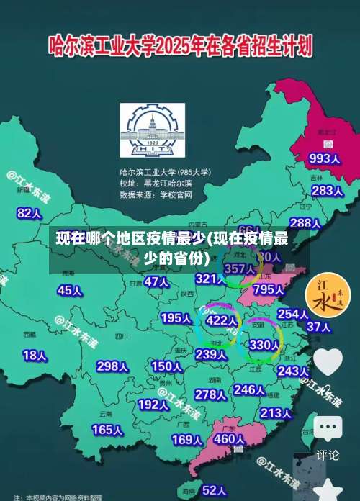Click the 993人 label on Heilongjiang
pyautogui.click(x=324, y=158)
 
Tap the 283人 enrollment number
pyautogui.click(x=327, y=191)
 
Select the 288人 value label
pyautogui.click(x=305, y=223)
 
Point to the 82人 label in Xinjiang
pyautogui.click(x=30, y=193)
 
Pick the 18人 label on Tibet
pyautogui.click(x=35, y=355)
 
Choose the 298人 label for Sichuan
pyautogui.click(x=112, y=366)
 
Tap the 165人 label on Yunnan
pyautogui.click(x=107, y=429)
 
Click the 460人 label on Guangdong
pyautogui.click(x=230, y=438)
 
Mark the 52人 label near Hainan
pyautogui.click(x=215, y=490)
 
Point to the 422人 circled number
pyautogui.click(x=222, y=320)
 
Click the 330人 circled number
pyautogui.click(x=264, y=345)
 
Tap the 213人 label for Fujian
pyautogui.click(x=275, y=412)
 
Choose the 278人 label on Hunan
pyautogui.click(x=210, y=394)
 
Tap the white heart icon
pyautogui.click(x=328, y=361)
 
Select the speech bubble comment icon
pyautogui.click(x=328, y=429)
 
